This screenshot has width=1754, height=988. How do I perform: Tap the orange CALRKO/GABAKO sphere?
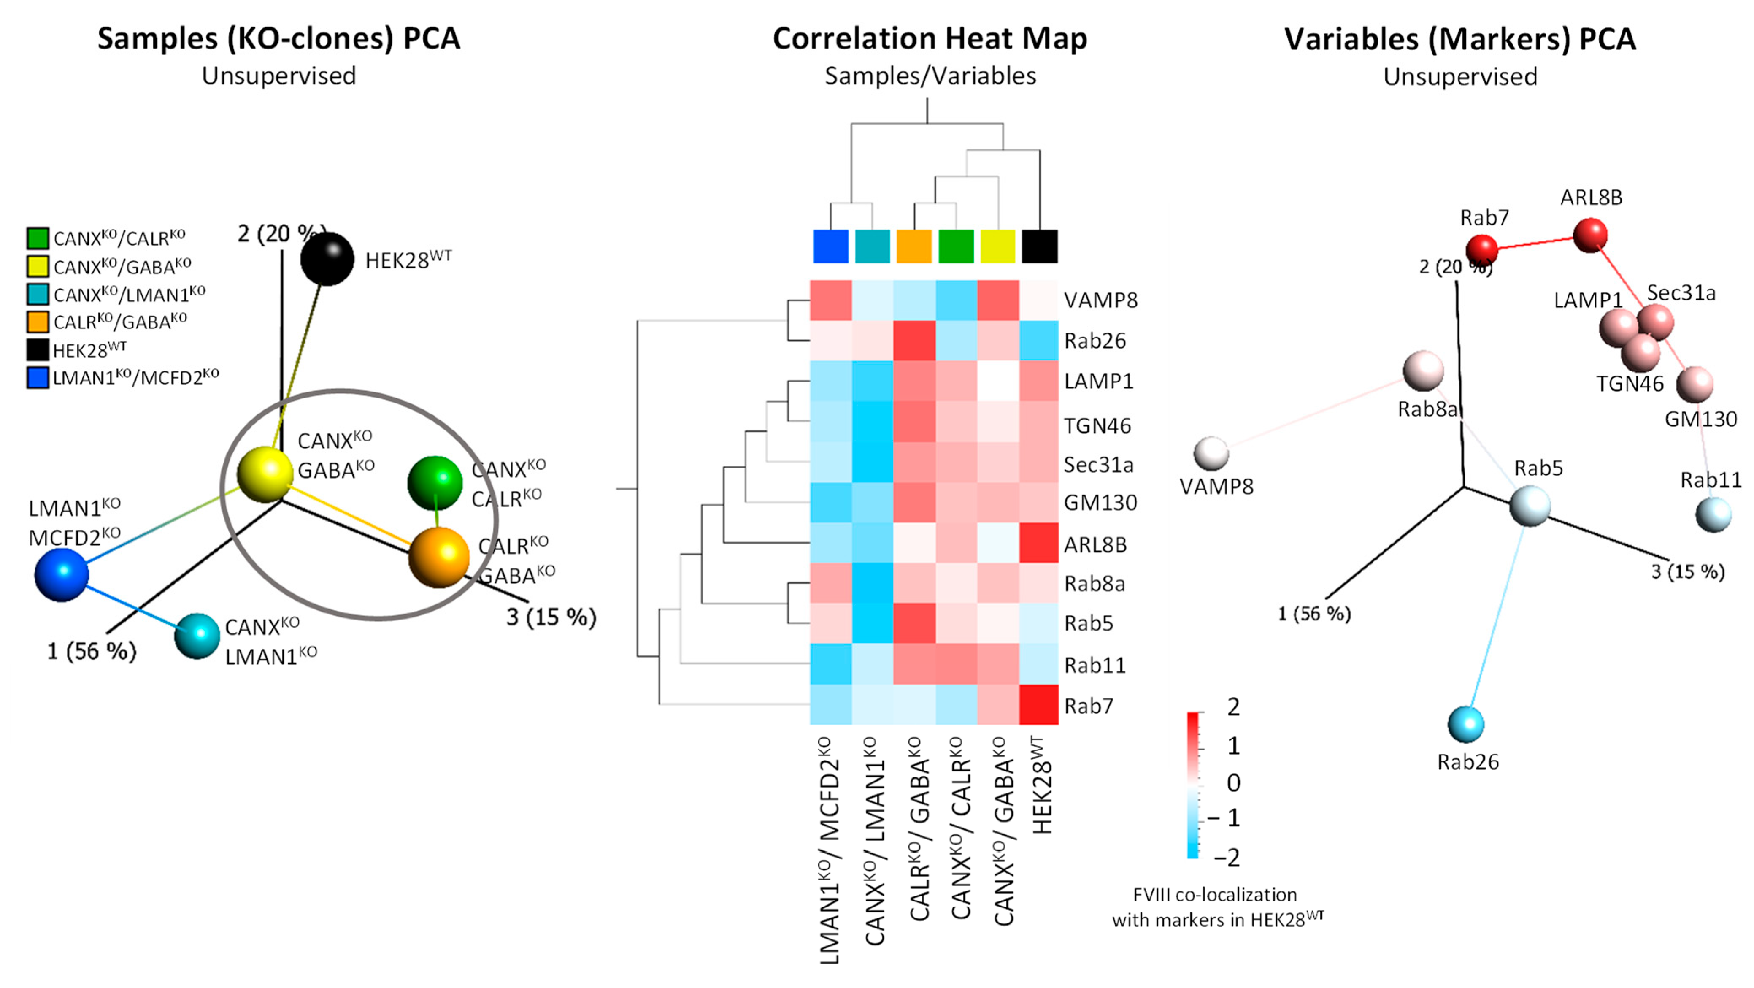click(439, 557)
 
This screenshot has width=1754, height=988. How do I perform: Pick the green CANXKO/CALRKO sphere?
click(435, 483)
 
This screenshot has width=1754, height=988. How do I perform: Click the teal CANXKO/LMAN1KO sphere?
click(197, 635)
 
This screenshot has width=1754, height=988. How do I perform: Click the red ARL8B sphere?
click(1591, 235)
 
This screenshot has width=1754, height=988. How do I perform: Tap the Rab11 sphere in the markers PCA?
click(1713, 514)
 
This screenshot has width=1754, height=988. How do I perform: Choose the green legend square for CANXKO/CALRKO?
click(38, 238)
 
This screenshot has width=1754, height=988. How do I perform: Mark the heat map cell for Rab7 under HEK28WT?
click(1038, 705)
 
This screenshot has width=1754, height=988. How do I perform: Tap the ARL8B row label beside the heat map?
click(1096, 545)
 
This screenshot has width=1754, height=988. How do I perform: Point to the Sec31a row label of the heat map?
click(1098, 465)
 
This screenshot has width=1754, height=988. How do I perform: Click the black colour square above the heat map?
click(1040, 246)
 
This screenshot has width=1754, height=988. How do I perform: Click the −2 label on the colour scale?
click(1226, 857)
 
